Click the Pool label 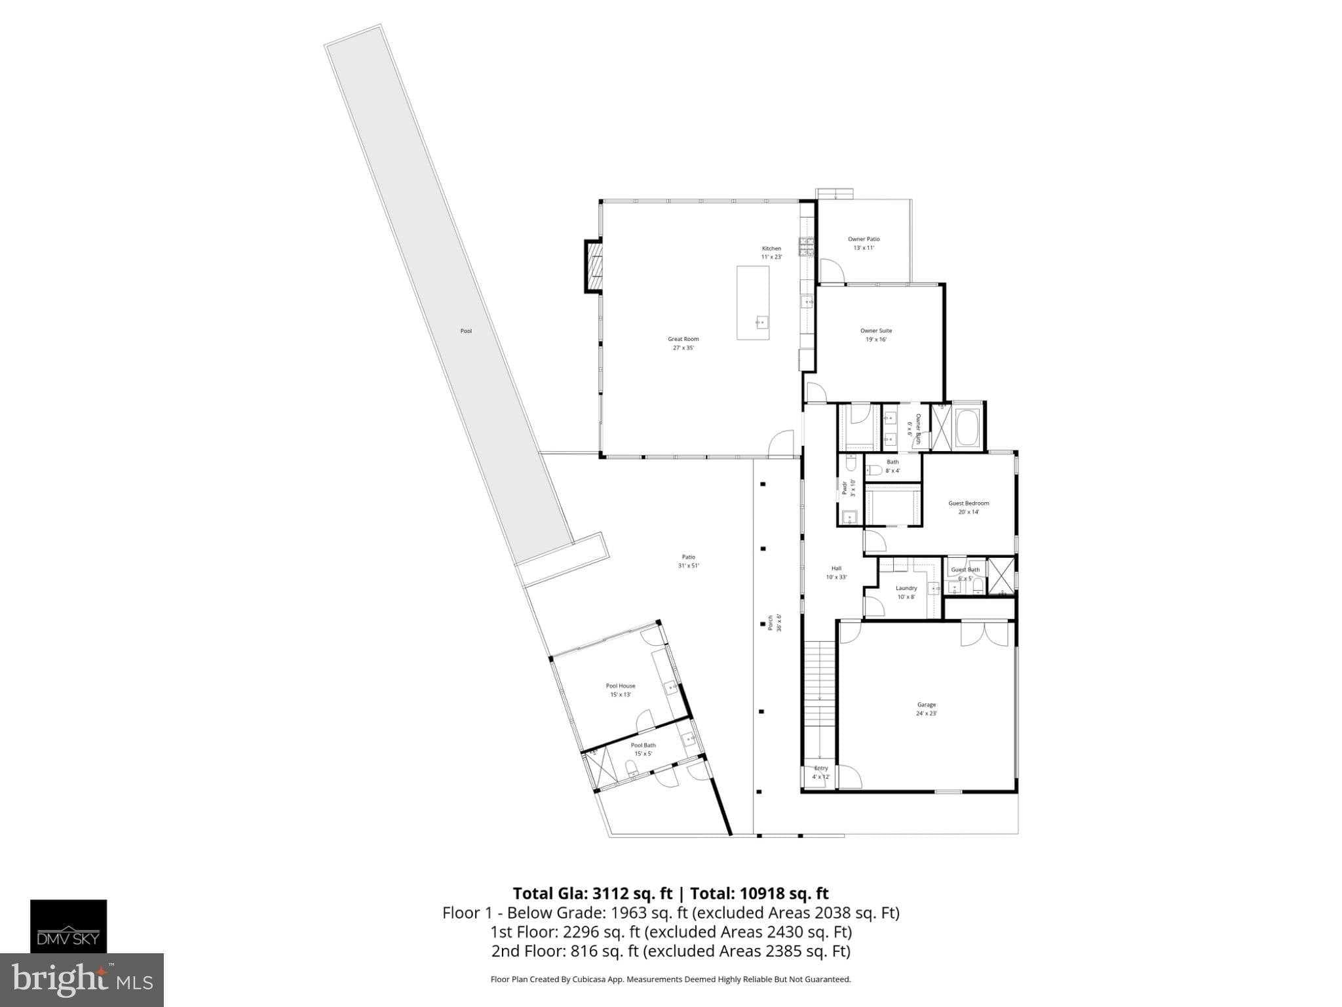pyautogui.click(x=466, y=331)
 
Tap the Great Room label pyautogui.click(x=683, y=343)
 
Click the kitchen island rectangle pyautogui.click(x=753, y=302)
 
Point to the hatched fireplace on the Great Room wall pyautogui.click(x=594, y=266)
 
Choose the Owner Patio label pyautogui.click(x=864, y=243)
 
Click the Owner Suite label pyautogui.click(x=876, y=335)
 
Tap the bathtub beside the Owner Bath pyautogui.click(x=967, y=426)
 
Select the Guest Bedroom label pyautogui.click(x=968, y=507)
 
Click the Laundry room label pyautogui.click(x=906, y=592)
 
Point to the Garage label pyautogui.click(x=927, y=709)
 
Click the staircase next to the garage pyautogui.click(x=819, y=701)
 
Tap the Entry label pyautogui.click(x=821, y=772)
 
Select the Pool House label pyautogui.click(x=620, y=690)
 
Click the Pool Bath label pyautogui.click(x=643, y=749)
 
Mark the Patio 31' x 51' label pyautogui.click(x=688, y=561)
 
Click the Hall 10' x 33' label pyautogui.click(x=836, y=572)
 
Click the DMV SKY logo pyautogui.click(x=68, y=926)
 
